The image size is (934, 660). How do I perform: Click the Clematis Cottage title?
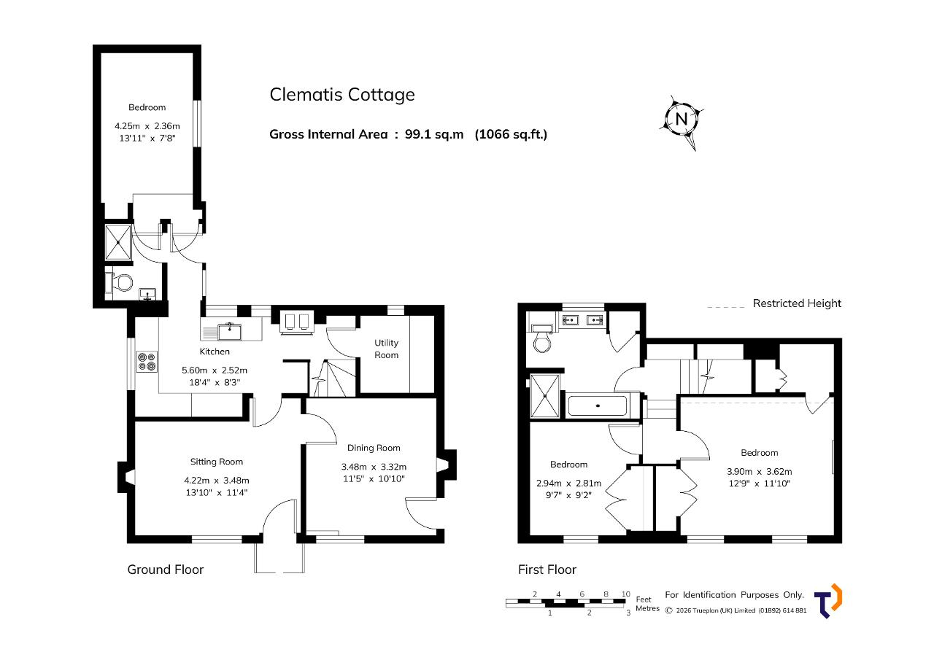[342, 95]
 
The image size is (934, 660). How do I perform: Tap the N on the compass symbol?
[681, 119]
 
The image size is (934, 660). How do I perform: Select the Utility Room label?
[386, 349]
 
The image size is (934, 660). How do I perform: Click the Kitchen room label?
[215, 352]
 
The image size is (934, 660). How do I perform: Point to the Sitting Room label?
[217, 462]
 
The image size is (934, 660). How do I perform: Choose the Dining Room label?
[374, 448]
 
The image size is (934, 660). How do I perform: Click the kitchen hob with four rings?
[147, 362]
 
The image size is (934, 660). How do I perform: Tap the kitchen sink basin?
[229, 332]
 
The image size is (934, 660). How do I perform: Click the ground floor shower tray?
[118, 243]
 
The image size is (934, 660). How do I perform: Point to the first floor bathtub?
[597, 405]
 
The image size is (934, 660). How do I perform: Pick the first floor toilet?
[542, 338]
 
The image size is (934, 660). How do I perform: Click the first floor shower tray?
[544, 396]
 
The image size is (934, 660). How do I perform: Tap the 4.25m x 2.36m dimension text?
[147, 126]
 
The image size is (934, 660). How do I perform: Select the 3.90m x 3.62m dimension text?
[760, 472]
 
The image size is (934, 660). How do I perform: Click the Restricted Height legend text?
[797, 303]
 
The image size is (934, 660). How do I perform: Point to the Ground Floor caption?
[166, 570]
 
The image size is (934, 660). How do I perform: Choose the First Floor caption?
[547, 570]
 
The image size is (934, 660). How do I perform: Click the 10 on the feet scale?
[625, 594]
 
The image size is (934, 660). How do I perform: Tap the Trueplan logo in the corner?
[828, 600]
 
